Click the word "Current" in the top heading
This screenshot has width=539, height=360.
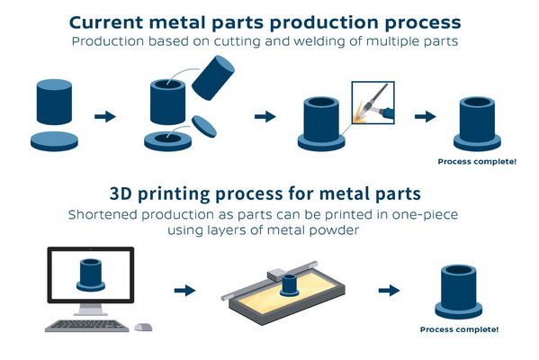point(106,22)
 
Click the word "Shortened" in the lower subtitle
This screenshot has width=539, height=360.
point(103,214)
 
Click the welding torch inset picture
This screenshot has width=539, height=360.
point(373,103)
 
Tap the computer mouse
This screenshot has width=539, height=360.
point(143,327)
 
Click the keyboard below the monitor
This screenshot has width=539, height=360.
point(86,326)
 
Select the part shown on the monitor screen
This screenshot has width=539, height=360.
point(91,275)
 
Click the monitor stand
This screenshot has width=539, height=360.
point(90,309)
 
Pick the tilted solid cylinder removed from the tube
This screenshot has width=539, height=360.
point(213,77)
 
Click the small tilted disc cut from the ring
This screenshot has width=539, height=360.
point(204,127)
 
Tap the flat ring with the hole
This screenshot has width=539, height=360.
point(167,141)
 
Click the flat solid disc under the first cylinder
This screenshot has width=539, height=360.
point(54,141)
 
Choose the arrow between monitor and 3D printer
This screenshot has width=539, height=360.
point(185,291)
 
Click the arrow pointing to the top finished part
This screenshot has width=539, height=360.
point(426,117)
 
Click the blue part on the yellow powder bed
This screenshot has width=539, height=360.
point(290,285)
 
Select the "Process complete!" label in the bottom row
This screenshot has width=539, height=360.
point(459,329)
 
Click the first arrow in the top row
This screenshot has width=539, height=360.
point(105,117)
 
